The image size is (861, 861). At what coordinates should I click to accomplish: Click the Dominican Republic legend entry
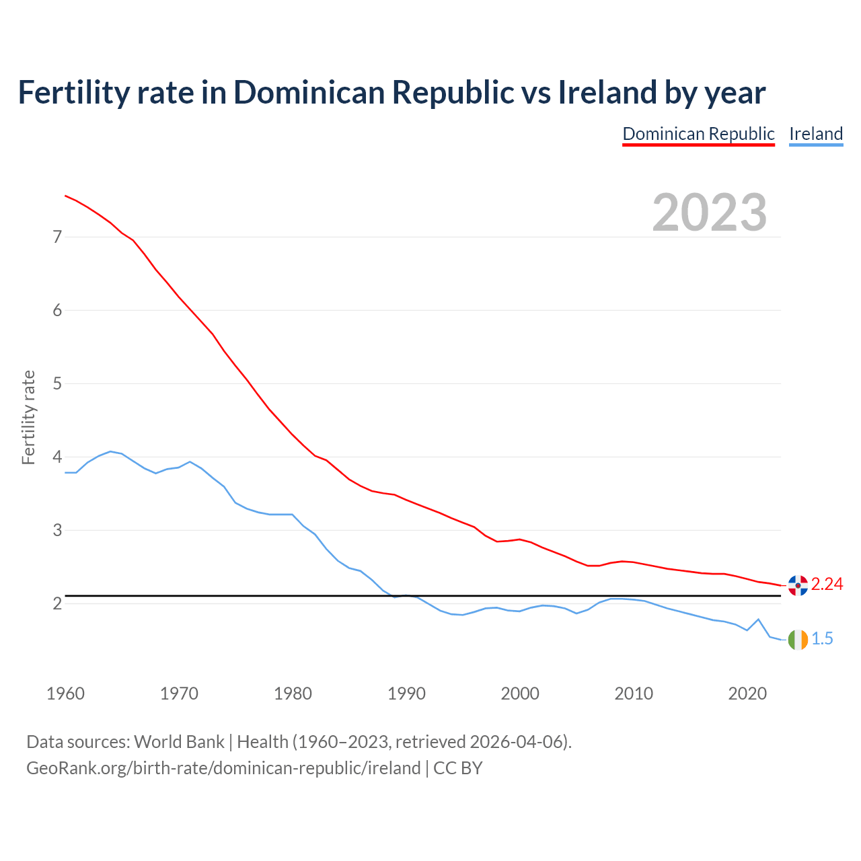click(x=698, y=134)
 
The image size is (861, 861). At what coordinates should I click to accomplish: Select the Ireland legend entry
click(x=816, y=134)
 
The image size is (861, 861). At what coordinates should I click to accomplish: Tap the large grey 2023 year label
click(x=710, y=213)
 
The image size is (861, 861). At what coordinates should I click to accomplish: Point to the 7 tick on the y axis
click(x=57, y=237)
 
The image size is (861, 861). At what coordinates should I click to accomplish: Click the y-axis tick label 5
click(x=57, y=383)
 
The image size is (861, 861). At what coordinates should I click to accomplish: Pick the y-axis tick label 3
click(x=57, y=530)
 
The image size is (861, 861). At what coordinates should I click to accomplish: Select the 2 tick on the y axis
click(x=57, y=603)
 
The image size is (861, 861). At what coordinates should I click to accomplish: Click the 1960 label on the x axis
click(x=65, y=694)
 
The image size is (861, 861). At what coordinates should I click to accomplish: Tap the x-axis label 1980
click(x=293, y=694)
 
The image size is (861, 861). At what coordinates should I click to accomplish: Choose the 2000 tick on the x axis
click(x=520, y=694)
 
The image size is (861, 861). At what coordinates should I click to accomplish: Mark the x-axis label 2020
click(x=747, y=694)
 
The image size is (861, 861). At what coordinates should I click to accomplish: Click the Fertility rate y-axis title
click(x=28, y=417)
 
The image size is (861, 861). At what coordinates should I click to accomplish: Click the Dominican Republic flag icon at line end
click(x=798, y=585)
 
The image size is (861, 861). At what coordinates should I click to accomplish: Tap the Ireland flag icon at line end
click(x=798, y=640)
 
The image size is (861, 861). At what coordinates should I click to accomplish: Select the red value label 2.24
click(x=827, y=585)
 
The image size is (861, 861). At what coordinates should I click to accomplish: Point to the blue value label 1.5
click(x=822, y=639)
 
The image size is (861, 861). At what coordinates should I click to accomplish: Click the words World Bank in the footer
click(x=179, y=742)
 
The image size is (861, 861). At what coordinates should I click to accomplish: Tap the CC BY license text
click(x=457, y=768)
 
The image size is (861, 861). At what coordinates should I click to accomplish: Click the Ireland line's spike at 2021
click(x=758, y=619)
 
